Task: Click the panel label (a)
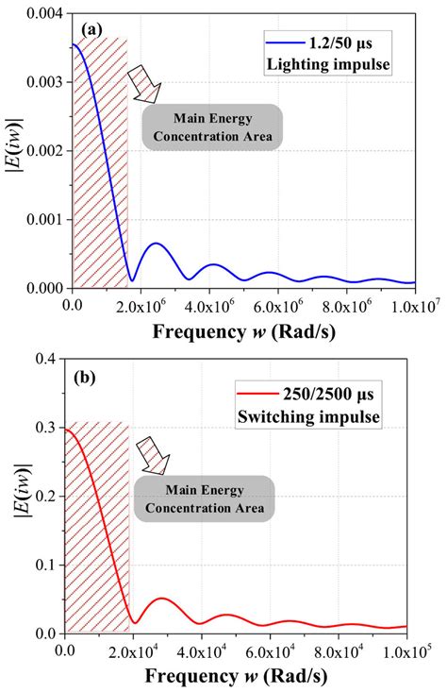click(x=93, y=30)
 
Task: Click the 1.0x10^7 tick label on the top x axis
click(x=407, y=306)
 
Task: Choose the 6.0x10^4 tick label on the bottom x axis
click(x=271, y=652)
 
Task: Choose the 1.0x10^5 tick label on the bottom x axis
click(x=406, y=652)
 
